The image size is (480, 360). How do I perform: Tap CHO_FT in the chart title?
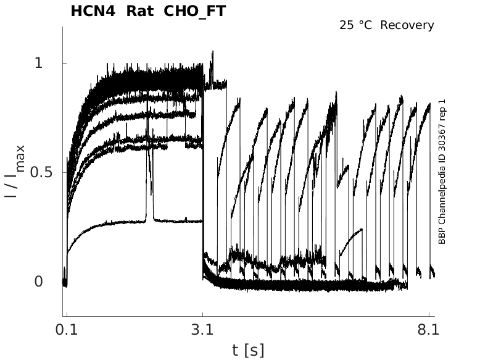[191, 11]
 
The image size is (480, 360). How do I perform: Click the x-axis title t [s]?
[248, 350]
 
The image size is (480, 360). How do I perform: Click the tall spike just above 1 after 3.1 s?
[212, 53]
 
